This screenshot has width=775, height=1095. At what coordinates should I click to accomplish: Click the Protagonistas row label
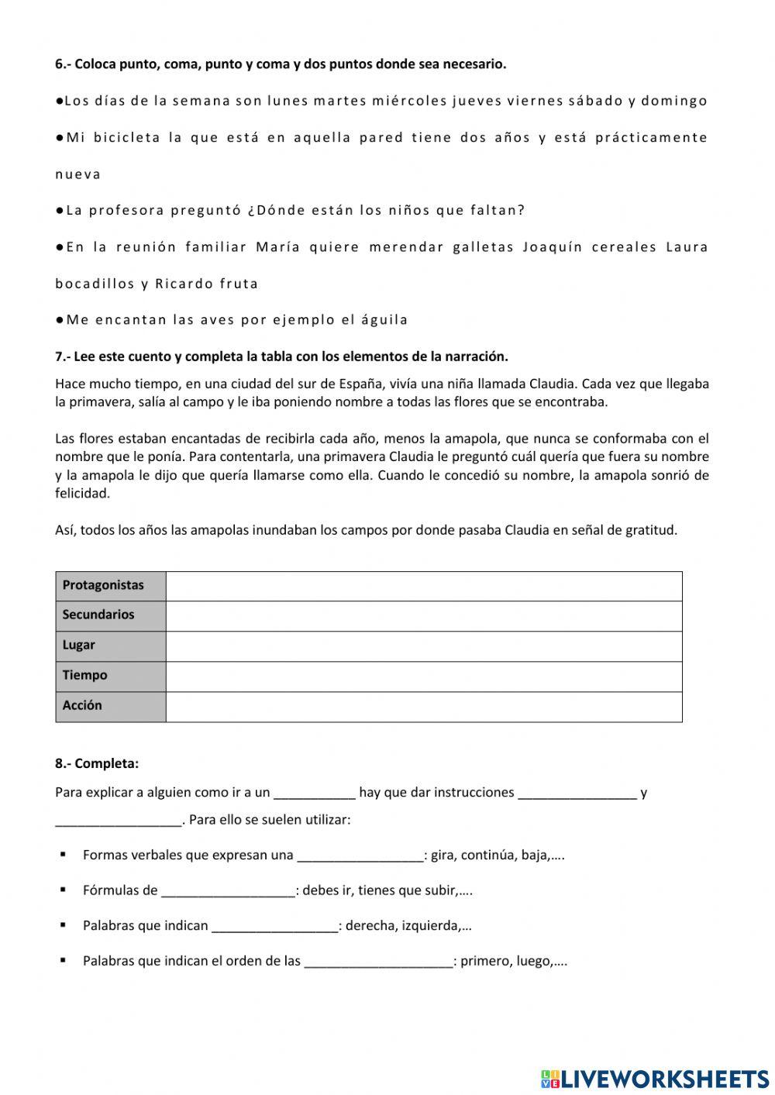[x=103, y=585]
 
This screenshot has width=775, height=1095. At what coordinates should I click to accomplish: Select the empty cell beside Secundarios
[x=424, y=615]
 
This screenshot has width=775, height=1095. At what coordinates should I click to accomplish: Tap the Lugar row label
[x=79, y=645]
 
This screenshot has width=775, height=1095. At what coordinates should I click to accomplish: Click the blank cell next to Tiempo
[x=424, y=676]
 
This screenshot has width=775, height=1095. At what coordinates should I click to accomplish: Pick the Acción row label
[x=82, y=705]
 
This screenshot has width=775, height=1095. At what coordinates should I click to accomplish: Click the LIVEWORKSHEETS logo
[x=655, y=1078]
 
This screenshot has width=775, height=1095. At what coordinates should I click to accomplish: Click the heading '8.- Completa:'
[x=97, y=763]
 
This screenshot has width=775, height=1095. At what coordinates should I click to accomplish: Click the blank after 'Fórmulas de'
[x=228, y=891]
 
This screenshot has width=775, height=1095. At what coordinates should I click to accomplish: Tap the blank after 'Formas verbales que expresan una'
[x=360, y=856]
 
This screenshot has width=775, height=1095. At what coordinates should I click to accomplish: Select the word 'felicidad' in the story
[x=83, y=493]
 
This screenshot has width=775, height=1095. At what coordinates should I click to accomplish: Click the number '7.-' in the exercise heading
[x=63, y=356]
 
